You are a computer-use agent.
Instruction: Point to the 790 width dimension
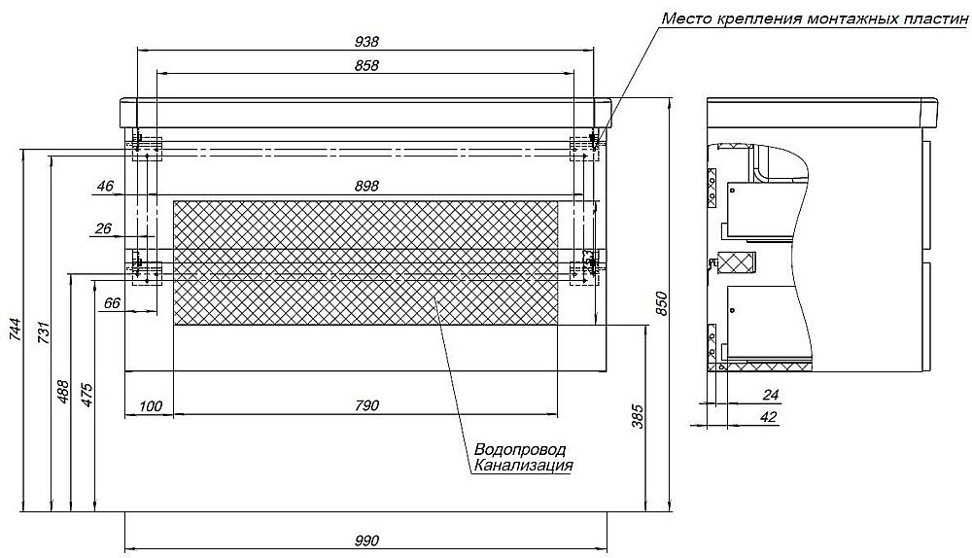[365, 405]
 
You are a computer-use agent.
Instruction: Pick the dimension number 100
[151, 405]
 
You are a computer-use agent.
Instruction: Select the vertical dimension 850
[662, 305]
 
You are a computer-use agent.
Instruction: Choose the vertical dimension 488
[64, 393]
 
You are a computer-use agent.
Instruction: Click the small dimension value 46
[106, 186]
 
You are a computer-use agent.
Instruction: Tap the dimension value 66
[112, 303]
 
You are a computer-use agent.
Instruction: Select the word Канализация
[523, 466]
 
